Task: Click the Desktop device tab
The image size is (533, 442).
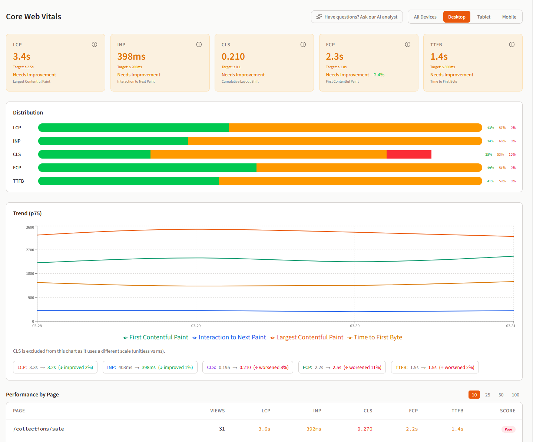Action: [457, 17]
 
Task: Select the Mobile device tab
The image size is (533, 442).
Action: [509, 17]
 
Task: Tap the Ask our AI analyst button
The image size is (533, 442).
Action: [357, 17]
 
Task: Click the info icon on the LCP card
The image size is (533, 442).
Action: [95, 44]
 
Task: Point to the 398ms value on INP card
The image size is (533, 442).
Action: [131, 57]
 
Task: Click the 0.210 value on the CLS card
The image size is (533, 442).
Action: [233, 57]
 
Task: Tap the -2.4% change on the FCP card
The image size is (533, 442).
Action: [378, 75]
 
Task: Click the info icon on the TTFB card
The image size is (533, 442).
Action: [512, 44]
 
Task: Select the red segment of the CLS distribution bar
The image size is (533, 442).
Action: [409, 154]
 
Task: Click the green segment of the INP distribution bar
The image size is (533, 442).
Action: [113, 141]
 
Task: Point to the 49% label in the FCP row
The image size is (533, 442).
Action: [490, 168]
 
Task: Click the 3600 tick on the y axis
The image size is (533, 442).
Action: [30, 227]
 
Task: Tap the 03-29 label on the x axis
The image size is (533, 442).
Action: [196, 326]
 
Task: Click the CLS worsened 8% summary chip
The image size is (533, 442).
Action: [248, 368]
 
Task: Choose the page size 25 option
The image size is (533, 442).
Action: [487, 395]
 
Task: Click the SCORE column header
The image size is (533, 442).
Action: [507, 411]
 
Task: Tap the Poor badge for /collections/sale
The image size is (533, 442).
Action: [508, 429]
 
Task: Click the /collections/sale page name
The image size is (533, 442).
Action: [39, 429]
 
